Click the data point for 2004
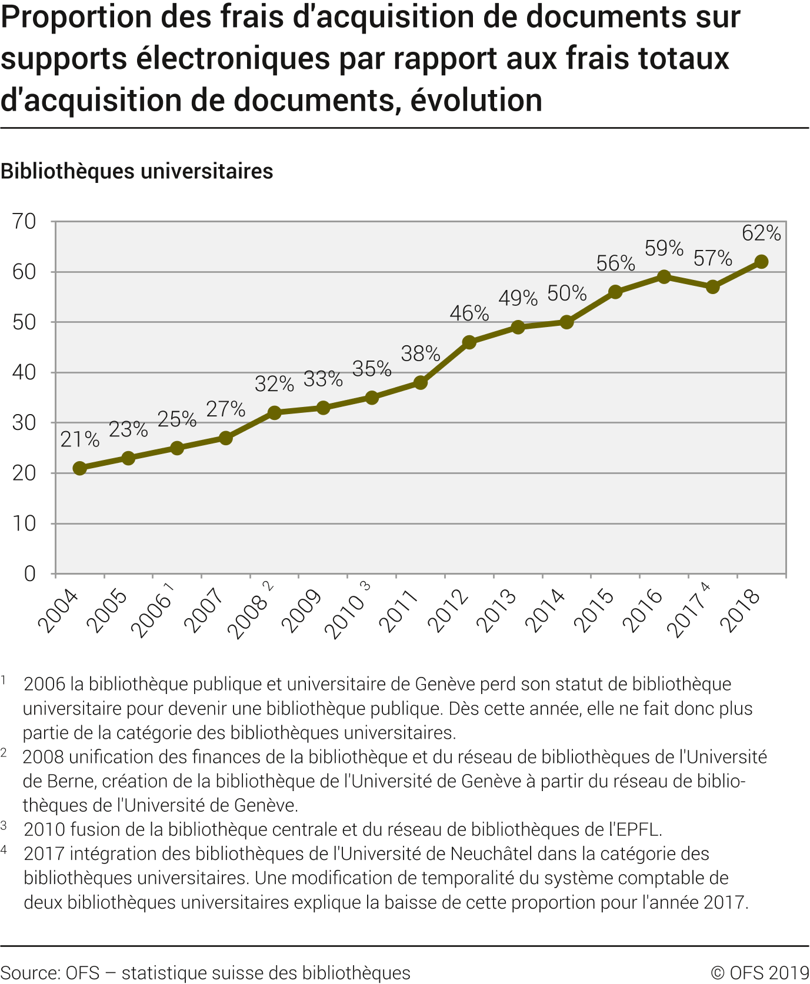pos(80,468)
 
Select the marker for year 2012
pos(469,342)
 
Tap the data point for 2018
pos(761,262)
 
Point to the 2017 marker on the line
pos(713,287)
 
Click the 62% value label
pos(761,234)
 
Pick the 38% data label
pos(421,354)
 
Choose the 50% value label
pos(566,293)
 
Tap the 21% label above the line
pos(80,439)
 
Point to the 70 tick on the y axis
pos(24,222)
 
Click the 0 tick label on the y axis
pos(30,573)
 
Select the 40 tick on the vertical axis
pos(24,372)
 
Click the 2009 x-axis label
pos(302,611)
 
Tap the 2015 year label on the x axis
pos(594,611)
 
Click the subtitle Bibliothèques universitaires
pos(137,172)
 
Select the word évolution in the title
pos(476,100)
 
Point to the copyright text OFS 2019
pos(760,973)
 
